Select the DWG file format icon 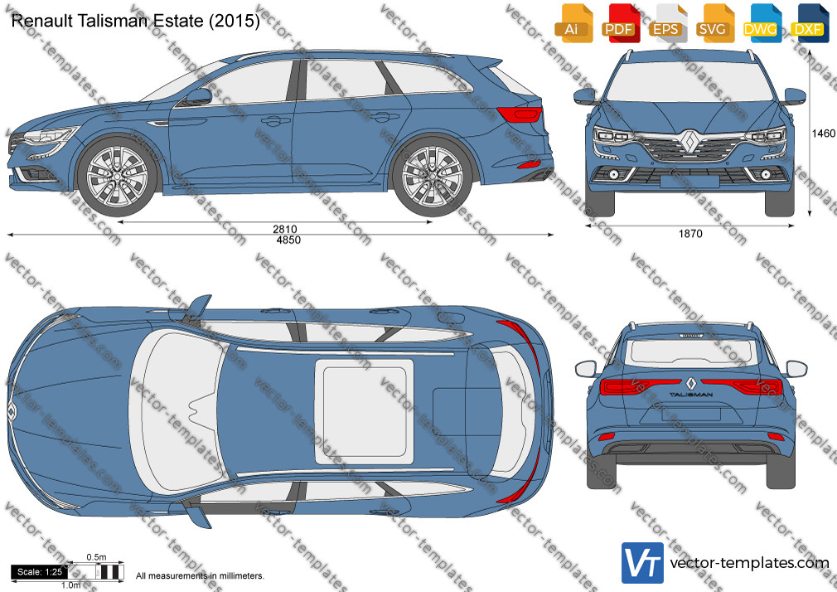click(x=762, y=23)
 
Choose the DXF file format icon click(x=810, y=23)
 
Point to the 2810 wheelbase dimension click(x=284, y=229)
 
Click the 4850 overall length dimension click(x=288, y=240)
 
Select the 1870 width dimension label click(x=690, y=234)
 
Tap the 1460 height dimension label click(x=823, y=133)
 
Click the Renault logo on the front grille click(x=689, y=141)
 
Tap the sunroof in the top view click(x=364, y=412)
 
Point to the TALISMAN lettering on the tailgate click(x=691, y=395)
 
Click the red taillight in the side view click(x=520, y=114)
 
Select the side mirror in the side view click(x=198, y=97)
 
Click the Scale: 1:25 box click(x=40, y=572)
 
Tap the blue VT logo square click(x=643, y=563)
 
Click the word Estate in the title click(x=177, y=21)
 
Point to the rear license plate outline click(x=690, y=414)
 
